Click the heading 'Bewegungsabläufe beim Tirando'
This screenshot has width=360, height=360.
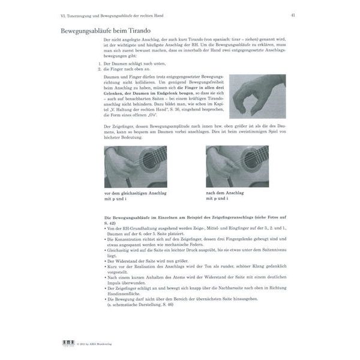(106, 31)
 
